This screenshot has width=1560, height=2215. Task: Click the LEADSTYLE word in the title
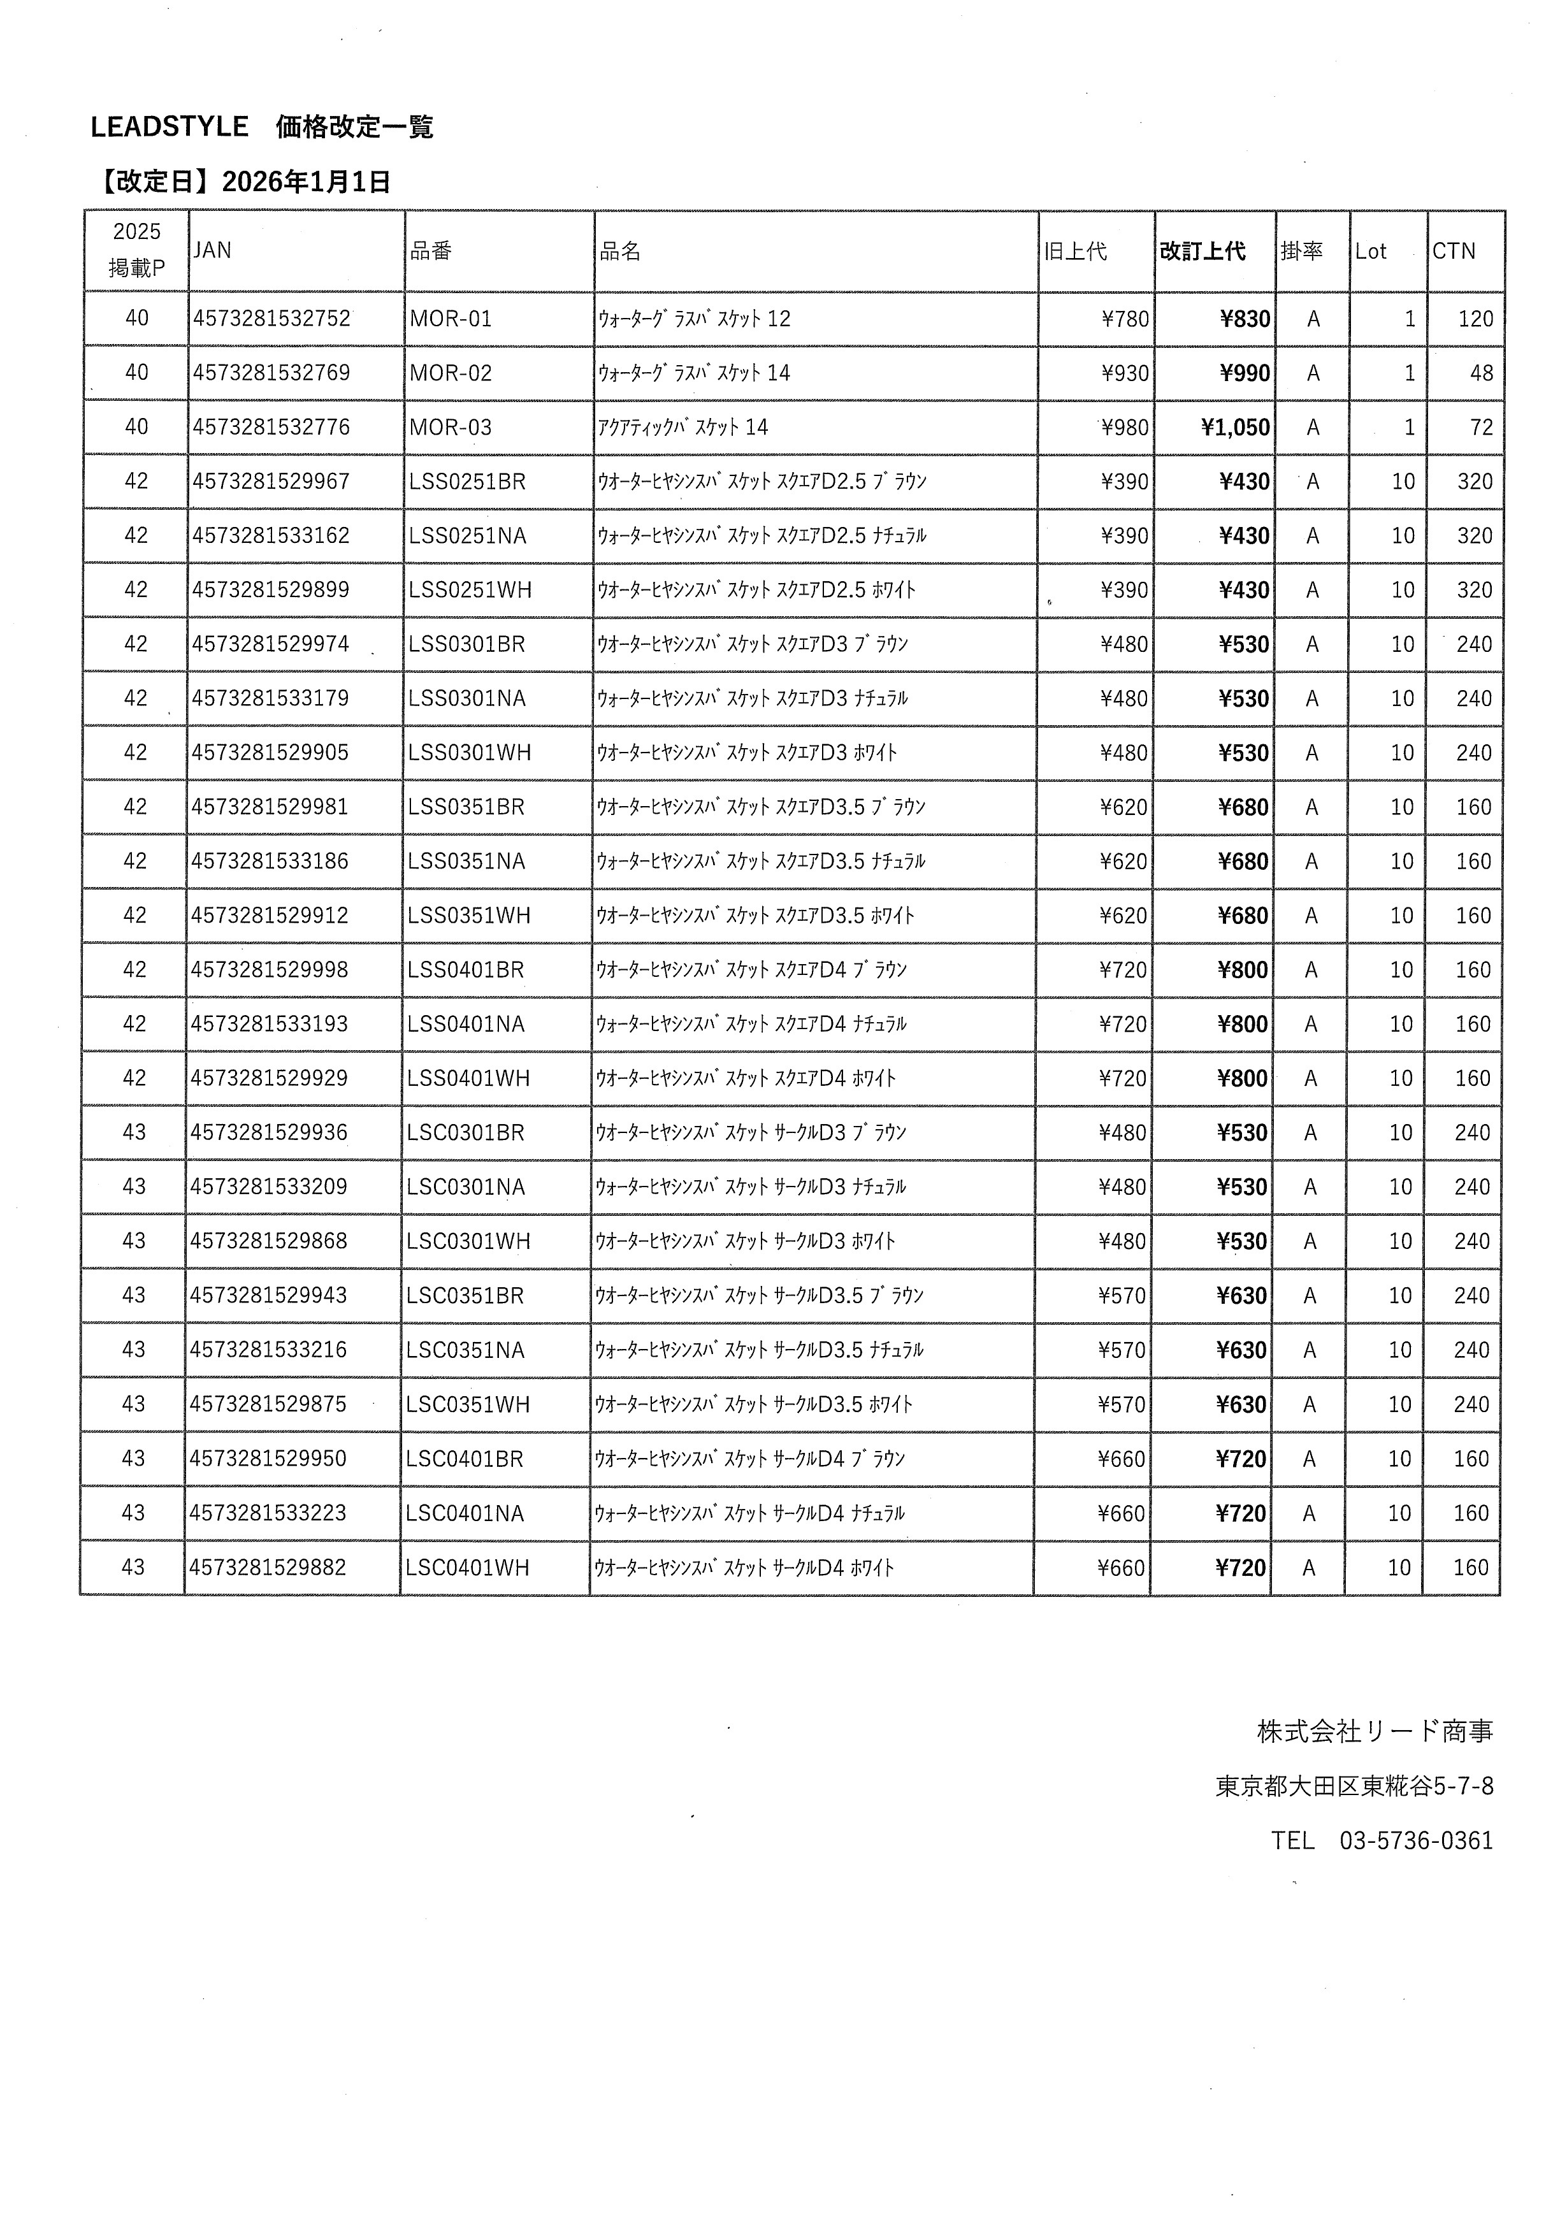click(169, 126)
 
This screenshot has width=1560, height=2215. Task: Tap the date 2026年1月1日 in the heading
click(306, 182)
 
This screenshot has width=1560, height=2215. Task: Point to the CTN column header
click(1453, 252)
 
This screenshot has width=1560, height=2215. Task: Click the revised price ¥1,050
click(1235, 428)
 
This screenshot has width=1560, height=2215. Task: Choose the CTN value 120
click(1475, 319)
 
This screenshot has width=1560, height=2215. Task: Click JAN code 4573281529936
click(268, 1132)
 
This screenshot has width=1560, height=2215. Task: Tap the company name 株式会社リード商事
click(1375, 1732)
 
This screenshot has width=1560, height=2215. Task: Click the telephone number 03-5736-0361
click(1415, 1841)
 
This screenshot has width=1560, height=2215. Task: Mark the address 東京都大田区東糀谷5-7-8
click(1354, 1787)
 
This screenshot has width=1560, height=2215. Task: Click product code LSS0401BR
click(466, 970)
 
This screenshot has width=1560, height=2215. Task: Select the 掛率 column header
click(1301, 252)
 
